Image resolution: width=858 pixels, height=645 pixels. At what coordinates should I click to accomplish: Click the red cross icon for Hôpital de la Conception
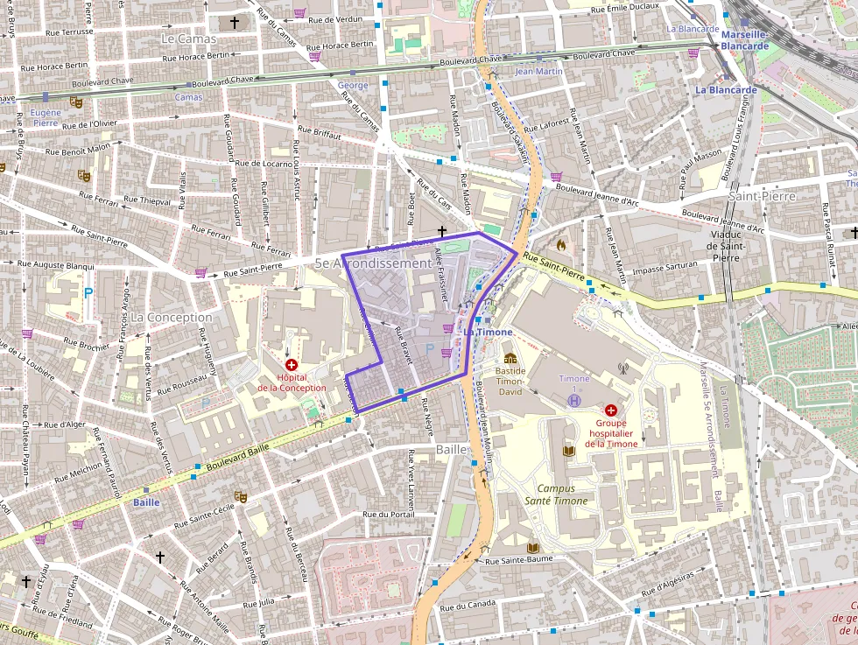tap(292, 364)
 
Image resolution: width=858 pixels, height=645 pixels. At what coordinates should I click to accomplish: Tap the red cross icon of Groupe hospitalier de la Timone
tap(611, 410)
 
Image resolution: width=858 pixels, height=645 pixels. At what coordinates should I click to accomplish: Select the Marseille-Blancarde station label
tap(744, 40)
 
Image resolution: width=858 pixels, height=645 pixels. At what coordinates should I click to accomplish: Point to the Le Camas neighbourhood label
tap(188, 39)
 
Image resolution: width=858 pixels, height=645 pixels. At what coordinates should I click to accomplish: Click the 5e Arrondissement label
tap(373, 263)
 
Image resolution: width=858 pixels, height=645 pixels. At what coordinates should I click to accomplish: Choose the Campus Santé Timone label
tap(561, 494)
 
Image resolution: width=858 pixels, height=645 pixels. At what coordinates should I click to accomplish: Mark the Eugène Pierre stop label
tap(46, 118)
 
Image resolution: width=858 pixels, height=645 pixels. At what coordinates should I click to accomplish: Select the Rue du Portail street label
tap(390, 514)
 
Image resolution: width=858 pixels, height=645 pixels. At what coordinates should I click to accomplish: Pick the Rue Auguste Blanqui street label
tap(57, 264)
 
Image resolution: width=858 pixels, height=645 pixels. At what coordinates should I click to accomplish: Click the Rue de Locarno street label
tap(264, 163)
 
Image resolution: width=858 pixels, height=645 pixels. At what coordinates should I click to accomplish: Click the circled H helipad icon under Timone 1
tap(574, 399)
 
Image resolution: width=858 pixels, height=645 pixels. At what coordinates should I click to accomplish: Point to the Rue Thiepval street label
tap(147, 200)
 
